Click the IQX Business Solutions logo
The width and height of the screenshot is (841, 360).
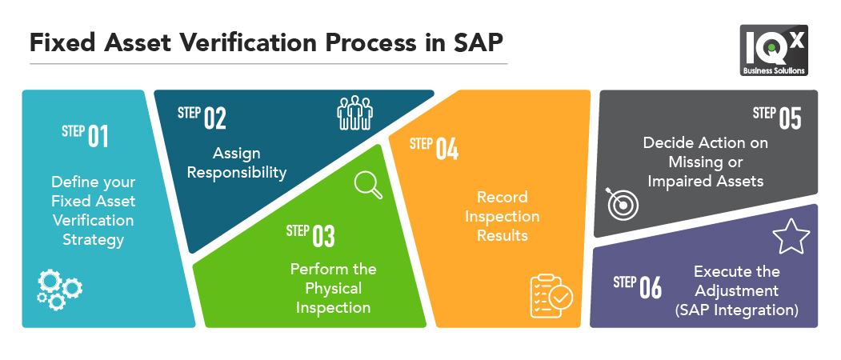(x=773, y=50)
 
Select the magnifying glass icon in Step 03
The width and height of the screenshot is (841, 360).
(x=368, y=185)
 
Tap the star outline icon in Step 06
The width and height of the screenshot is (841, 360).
(x=791, y=238)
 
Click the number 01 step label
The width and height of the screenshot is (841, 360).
(x=98, y=136)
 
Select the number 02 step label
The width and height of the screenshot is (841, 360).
(x=214, y=118)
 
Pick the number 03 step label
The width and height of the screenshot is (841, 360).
(x=323, y=236)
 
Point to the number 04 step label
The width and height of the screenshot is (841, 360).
(x=447, y=150)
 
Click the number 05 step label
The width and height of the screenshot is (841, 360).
(x=790, y=118)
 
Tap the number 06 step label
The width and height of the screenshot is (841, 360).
(x=651, y=288)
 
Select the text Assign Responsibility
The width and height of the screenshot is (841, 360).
(x=250, y=162)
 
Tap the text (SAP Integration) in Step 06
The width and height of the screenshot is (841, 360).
(x=736, y=309)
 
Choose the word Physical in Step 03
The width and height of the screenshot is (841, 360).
(x=333, y=288)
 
